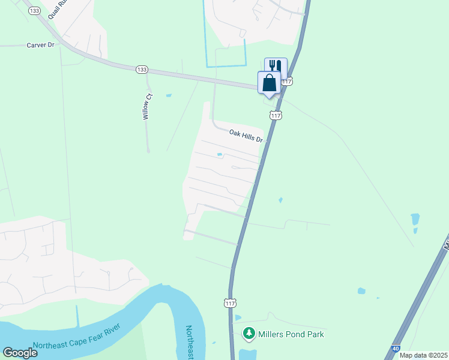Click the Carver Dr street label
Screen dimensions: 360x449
click(x=41, y=45)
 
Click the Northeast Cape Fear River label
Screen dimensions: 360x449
click(x=76, y=337)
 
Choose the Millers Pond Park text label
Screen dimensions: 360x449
click(x=291, y=334)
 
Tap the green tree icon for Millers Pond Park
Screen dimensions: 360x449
click(x=248, y=333)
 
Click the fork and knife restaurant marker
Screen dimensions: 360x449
click(x=276, y=67)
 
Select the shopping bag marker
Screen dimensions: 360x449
click(x=269, y=82)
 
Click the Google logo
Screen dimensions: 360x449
click(x=20, y=352)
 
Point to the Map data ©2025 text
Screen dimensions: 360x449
click(x=424, y=355)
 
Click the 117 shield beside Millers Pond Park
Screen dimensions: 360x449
click(x=230, y=303)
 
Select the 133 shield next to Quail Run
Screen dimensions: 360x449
click(x=35, y=11)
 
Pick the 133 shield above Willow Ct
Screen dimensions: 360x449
click(x=142, y=70)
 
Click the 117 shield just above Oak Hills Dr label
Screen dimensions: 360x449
click(x=276, y=115)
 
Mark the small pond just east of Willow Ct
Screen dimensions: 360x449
click(x=169, y=95)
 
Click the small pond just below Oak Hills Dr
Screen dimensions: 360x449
click(x=220, y=155)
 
